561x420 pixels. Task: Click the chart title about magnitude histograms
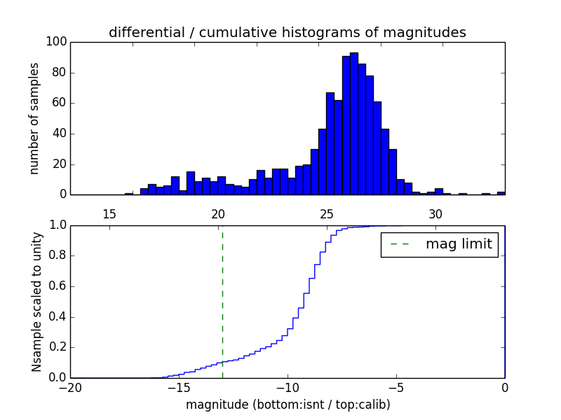click(287, 33)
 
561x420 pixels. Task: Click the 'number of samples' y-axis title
click(34, 118)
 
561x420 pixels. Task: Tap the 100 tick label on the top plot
click(57, 42)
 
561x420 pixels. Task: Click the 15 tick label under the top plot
click(109, 213)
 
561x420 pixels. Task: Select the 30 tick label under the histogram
click(435, 213)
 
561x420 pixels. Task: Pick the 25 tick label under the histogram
click(327, 213)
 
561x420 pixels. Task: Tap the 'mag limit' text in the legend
click(459, 245)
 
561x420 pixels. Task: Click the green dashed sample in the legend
click(400, 245)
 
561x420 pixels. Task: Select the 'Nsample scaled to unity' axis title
click(36, 301)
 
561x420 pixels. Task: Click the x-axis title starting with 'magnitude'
click(288, 405)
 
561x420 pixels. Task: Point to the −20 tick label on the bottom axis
click(70, 388)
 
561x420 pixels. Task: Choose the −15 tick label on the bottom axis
click(179, 388)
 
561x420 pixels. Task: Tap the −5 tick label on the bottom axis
click(396, 388)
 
